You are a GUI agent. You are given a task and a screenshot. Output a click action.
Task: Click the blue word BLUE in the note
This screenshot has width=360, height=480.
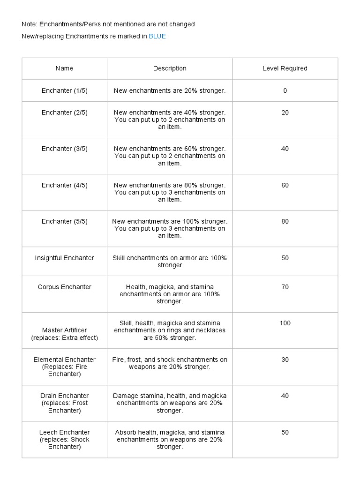click(157, 36)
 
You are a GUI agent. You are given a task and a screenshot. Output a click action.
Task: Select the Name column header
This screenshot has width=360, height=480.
click(64, 68)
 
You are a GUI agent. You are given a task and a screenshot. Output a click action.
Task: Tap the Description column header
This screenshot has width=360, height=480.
click(170, 68)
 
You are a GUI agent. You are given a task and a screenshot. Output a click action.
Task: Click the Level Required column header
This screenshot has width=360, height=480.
click(285, 68)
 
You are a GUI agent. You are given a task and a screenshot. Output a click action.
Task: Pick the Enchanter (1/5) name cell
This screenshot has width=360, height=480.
click(64, 90)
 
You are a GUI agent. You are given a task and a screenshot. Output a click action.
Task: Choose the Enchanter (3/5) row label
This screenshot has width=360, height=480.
click(64, 149)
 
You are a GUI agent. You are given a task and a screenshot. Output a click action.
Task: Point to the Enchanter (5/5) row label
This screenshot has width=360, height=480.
click(64, 221)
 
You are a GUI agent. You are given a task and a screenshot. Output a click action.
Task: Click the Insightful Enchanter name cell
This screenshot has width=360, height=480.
click(64, 258)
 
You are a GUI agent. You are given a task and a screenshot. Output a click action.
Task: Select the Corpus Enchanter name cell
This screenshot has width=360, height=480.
click(64, 287)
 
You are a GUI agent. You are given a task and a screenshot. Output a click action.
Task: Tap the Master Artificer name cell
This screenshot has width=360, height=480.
click(64, 334)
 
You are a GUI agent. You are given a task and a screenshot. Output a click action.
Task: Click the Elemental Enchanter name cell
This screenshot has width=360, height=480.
click(64, 367)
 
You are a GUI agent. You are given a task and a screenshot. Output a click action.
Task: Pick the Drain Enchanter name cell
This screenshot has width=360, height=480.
click(64, 403)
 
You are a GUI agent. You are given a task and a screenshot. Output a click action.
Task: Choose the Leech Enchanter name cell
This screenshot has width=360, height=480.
click(64, 439)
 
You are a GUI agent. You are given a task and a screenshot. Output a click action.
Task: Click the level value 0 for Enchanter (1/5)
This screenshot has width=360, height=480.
click(285, 90)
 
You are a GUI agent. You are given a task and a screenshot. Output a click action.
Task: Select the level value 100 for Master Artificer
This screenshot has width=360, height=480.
click(285, 323)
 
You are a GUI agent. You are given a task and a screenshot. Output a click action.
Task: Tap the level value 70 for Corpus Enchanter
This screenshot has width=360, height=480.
click(285, 287)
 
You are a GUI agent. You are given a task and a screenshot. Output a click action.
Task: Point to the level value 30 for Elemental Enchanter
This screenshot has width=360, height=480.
click(285, 360)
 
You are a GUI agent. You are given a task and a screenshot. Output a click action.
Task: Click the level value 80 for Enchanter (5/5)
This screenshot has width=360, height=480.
click(285, 221)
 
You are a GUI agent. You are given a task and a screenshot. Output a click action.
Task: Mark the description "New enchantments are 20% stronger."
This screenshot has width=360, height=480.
click(170, 90)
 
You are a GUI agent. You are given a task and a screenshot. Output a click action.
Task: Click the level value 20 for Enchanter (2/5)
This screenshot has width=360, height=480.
click(285, 112)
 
